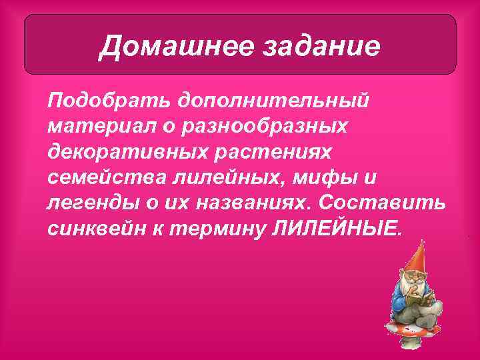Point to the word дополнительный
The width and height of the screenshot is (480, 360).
tap(272, 101)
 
